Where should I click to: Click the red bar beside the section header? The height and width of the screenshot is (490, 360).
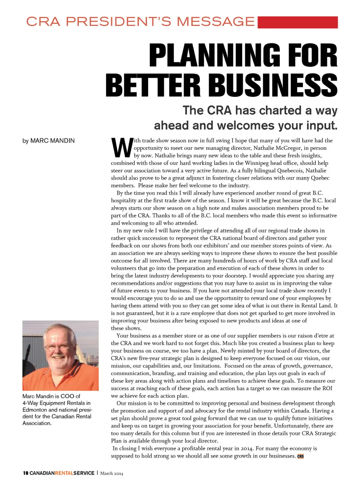click(298, 22)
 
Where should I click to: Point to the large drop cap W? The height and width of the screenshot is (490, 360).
click(122, 148)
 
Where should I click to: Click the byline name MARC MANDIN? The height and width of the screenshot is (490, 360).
click(52, 141)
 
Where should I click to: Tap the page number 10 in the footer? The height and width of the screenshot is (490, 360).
click(25, 473)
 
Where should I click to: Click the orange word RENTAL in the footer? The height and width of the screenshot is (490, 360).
click(64, 473)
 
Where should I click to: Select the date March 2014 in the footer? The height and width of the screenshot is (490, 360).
click(111, 473)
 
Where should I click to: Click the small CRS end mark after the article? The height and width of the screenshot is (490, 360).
click(300, 456)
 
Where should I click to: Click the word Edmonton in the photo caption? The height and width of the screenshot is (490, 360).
click(34, 410)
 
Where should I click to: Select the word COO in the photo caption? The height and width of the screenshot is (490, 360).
click(67, 396)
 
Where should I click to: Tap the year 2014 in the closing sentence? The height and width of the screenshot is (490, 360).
click(247, 448)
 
